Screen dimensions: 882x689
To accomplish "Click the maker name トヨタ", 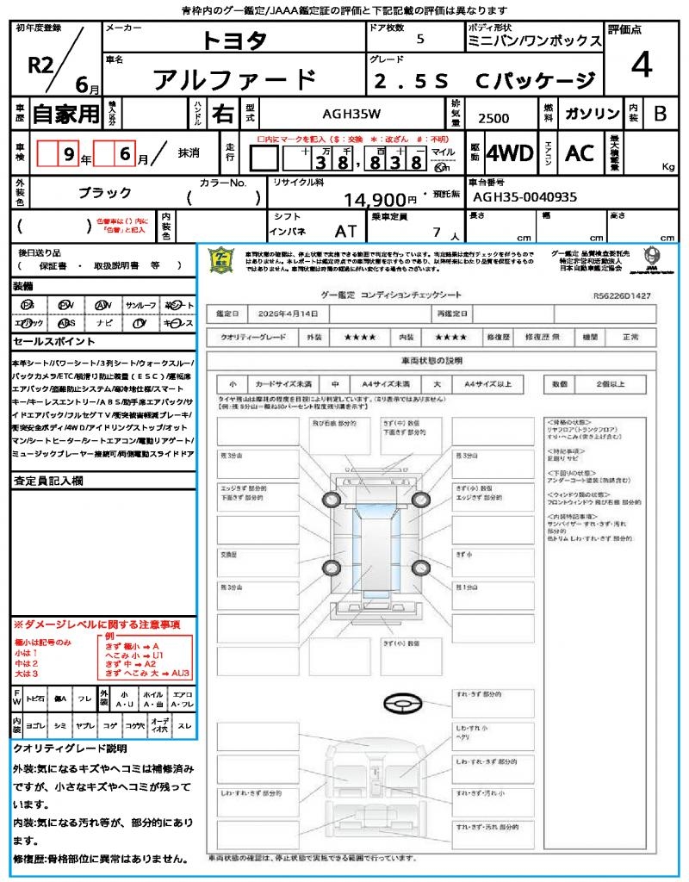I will coord(235,40).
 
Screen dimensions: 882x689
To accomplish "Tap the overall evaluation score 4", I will coord(640,65).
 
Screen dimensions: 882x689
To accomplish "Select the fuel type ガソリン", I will coord(590,114).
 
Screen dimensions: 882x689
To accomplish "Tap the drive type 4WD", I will coord(509,153).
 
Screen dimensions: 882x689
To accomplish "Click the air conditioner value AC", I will coord(580,153).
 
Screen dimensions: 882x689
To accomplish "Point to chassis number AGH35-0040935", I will coord(525,197).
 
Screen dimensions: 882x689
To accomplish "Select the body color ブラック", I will coord(105,193).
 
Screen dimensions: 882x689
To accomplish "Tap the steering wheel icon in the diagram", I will coord(400,703).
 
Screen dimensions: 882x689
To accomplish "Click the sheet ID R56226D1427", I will coord(622,295).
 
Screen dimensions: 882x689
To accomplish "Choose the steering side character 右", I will coord(223,114).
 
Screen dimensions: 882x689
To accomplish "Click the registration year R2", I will coord(40,65).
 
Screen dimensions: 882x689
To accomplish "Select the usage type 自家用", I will coord(66,114).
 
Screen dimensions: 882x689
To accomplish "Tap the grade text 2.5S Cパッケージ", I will coord(485,81).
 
